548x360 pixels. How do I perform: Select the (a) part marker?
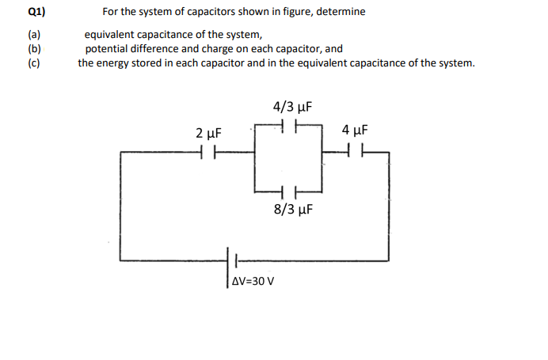click(33, 36)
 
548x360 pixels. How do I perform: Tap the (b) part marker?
click(33, 48)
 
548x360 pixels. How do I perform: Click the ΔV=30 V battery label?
click(254, 281)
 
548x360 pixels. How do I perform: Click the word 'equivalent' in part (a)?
click(109, 36)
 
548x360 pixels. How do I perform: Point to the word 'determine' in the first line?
click(340, 13)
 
